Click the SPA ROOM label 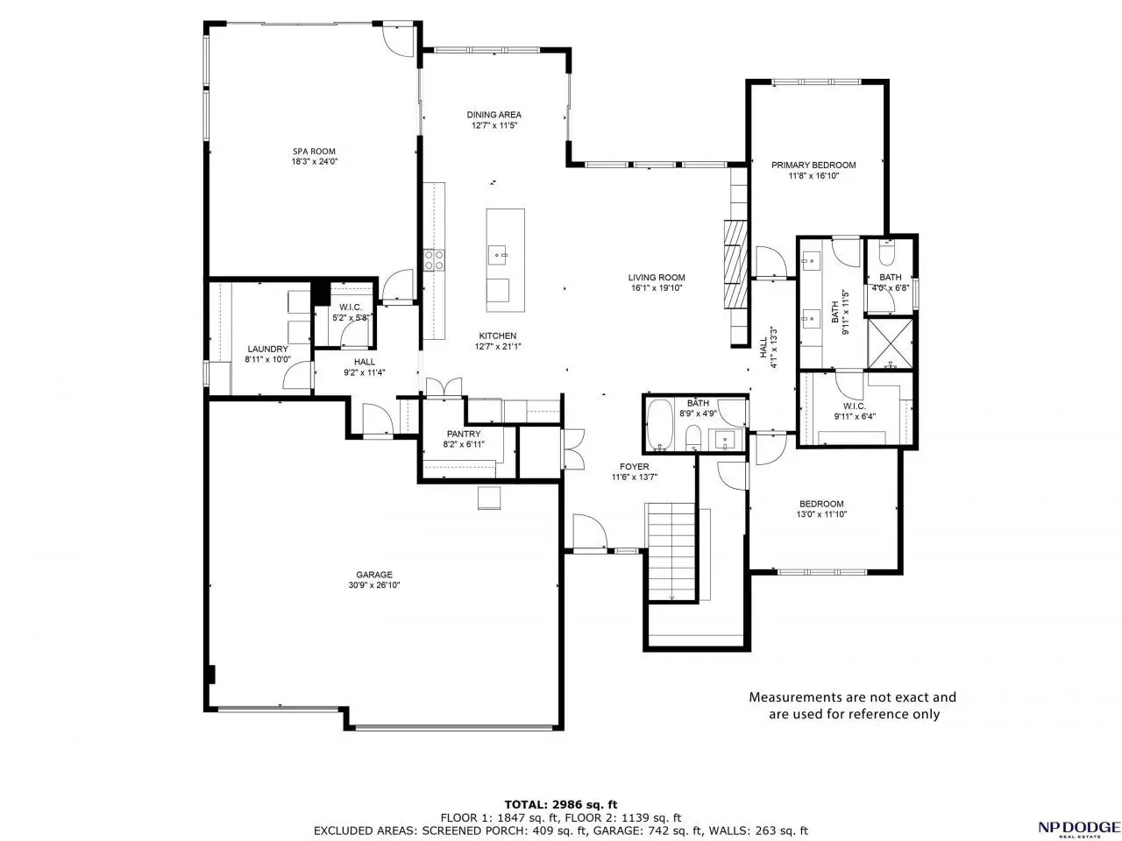click(x=314, y=152)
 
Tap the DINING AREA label click(x=494, y=115)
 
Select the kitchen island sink click(x=497, y=255)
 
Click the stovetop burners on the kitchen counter click(x=434, y=260)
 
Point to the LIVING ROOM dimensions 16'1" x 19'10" click(x=657, y=288)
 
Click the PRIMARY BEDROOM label click(x=813, y=165)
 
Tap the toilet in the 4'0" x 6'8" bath click(x=886, y=253)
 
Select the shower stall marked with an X click(x=890, y=343)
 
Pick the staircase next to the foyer click(x=671, y=553)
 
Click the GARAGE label click(x=374, y=575)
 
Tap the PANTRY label click(x=464, y=434)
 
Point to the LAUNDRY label click(x=268, y=349)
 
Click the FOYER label click(x=635, y=467)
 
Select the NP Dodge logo click(x=1078, y=827)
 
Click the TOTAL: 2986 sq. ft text click(x=561, y=805)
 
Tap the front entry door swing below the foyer click(x=590, y=532)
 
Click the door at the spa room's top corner click(x=399, y=39)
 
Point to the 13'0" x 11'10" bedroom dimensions click(x=821, y=514)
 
